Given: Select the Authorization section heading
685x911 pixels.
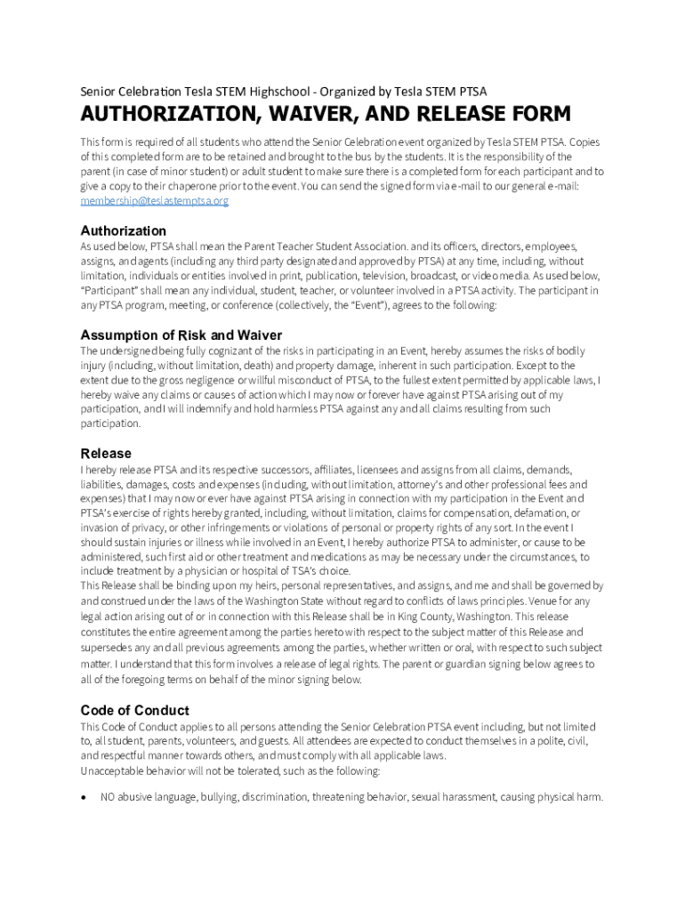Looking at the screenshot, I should click(x=124, y=230).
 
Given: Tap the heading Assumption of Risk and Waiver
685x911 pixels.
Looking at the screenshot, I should click(x=181, y=335).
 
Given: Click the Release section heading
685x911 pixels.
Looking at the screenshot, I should click(x=106, y=453).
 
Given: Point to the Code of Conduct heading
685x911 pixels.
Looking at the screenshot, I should click(x=134, y=710).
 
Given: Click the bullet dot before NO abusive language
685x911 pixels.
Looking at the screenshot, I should click(x=85, y=797).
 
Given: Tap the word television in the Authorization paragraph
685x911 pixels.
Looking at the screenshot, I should click(x=385, y=276).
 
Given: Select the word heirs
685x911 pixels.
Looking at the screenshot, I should click(x=259, y=586).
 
